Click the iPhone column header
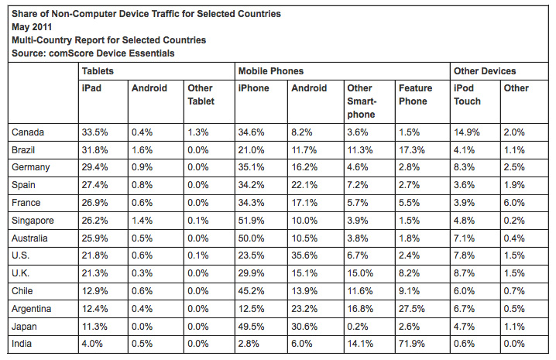click(x=255, y=88)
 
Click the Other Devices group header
click(x=485, y=71)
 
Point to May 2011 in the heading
click(x=33, y=26)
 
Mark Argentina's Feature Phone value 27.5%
click(x=411, y=309)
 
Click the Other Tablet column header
click(x=200, y=94)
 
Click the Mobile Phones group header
click(x=270, y=71)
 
